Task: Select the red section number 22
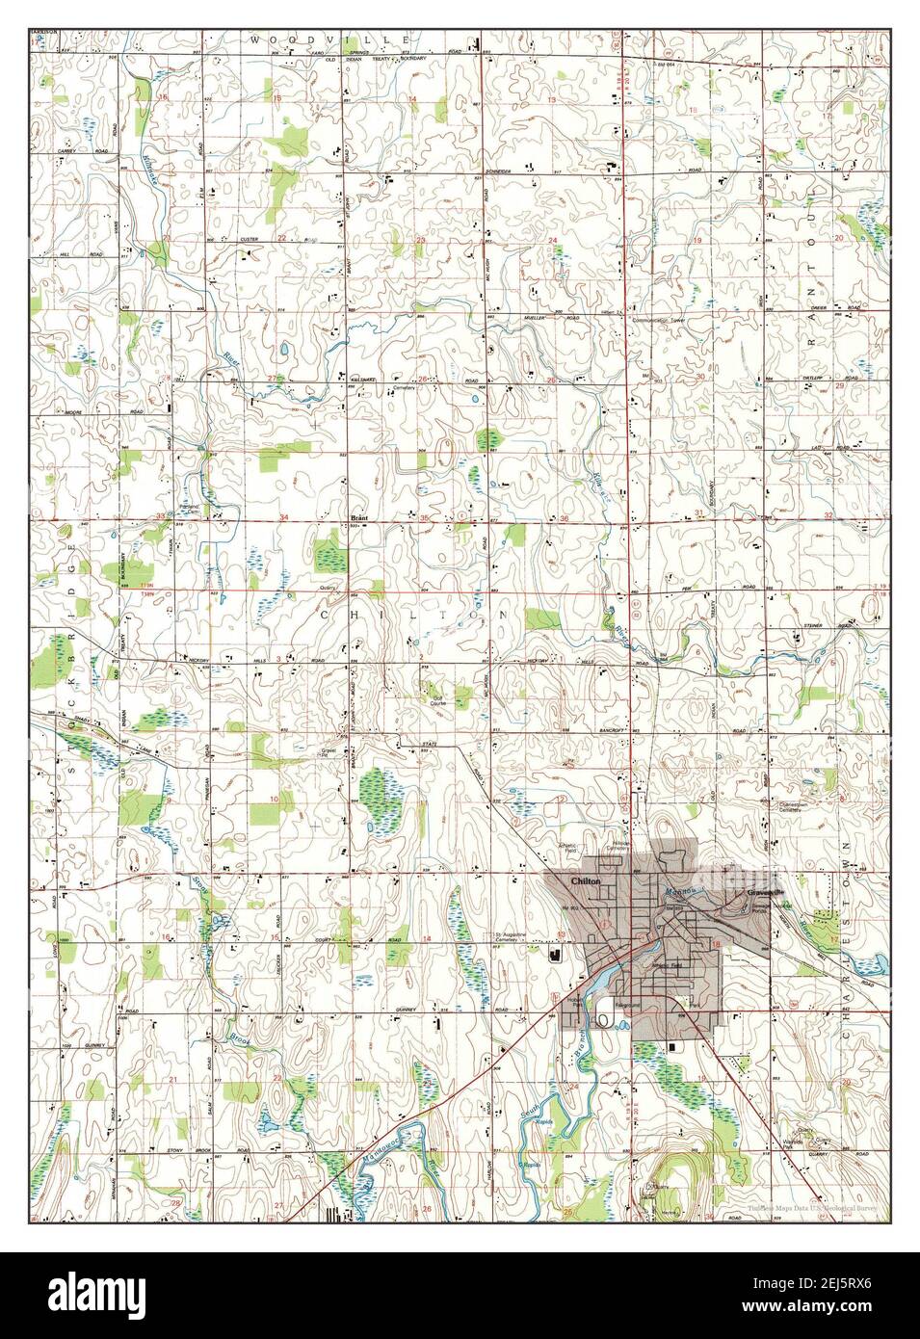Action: pos(282,237)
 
